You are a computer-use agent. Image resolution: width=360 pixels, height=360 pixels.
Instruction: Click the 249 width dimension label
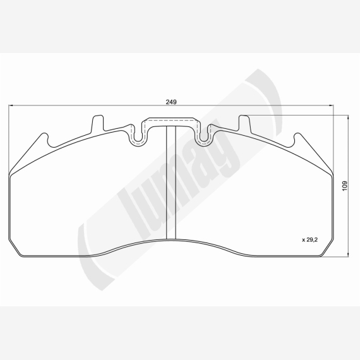pos(171,102)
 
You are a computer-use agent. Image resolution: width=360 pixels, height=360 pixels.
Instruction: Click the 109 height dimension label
pos(345,186)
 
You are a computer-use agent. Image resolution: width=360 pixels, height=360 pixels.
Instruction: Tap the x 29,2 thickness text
pos(309,240)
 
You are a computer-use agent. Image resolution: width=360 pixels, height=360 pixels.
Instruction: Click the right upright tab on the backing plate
pos(245,123)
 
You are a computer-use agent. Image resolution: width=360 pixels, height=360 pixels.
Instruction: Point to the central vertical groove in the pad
pos(171,183)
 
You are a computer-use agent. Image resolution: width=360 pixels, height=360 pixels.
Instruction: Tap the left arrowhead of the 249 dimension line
pos(10,105)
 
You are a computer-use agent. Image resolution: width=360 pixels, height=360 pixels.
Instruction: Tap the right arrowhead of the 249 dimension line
pos(332,105)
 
